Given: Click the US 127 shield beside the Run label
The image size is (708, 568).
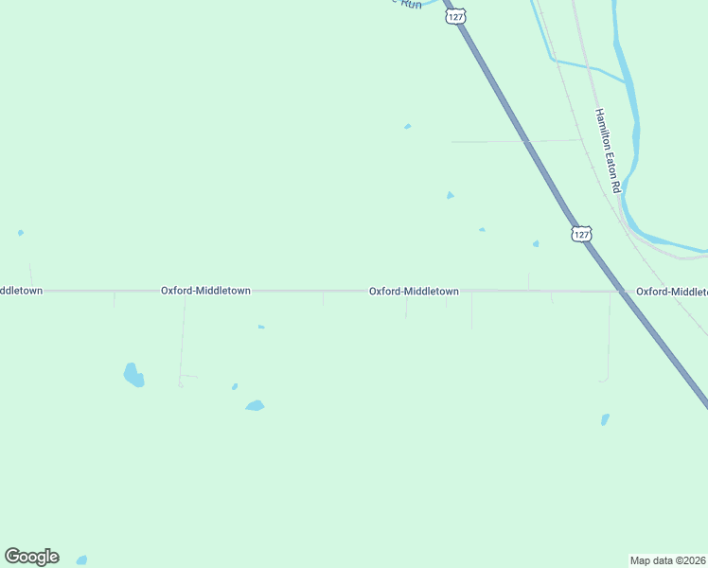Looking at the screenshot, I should pyautogui.click(x=456, y=16).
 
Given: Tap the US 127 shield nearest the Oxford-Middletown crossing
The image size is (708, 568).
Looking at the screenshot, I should pyautogui.click(x=581, y=233).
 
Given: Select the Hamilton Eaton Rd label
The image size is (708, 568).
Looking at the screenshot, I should pyautogui.click(x=607, y=151).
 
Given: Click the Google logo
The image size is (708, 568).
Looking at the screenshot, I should pyautogui.click(x=31, y=557).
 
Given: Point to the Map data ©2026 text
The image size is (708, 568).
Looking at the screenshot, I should pyautogui.click(x=668, y=559).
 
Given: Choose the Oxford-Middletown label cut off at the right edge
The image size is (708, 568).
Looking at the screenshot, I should pyautogui.click(x=671, y=292).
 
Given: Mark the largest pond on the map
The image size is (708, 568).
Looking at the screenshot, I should pyautogui.click(x=133, y=375).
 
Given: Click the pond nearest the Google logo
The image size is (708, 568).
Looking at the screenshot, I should pyautogui.click(x=81, y=560).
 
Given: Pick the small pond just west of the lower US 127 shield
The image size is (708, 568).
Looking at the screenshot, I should pyautogui.click(x=536, y=243).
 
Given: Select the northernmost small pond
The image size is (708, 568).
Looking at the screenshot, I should pyautogui.click(x=408, y=126).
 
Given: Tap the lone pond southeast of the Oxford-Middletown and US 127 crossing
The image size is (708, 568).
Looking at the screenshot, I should pyautogui.click(x=605, y=418).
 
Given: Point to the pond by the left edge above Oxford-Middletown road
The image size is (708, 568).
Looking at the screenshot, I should pyautogui.click(x=21, y=233).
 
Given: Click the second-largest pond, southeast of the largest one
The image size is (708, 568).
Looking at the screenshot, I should pyautogui.click(x=255, y=405).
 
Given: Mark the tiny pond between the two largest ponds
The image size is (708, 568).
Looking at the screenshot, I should pyautogui.click(x=235, y=386).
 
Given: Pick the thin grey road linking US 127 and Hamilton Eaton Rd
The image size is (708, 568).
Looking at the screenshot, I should pyautogui.click(x=516, y=141).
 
